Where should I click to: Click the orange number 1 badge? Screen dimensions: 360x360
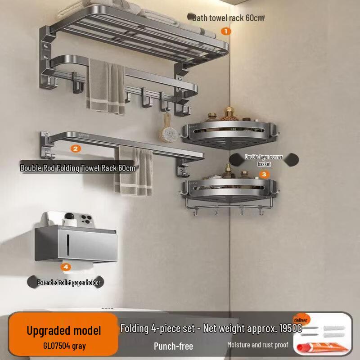226,31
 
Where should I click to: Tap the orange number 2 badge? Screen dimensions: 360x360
76,149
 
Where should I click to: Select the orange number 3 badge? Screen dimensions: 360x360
264,175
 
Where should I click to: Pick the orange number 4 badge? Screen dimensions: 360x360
66,267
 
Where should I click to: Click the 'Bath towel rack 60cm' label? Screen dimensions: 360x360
228,18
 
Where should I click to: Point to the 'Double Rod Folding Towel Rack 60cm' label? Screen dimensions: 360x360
77,168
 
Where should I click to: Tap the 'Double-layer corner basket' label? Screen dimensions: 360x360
264,160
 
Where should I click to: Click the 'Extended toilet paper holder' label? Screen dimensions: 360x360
69,283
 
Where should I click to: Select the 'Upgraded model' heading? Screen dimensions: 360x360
64,331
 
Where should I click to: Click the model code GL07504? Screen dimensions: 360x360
57,346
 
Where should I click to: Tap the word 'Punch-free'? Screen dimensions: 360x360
173,346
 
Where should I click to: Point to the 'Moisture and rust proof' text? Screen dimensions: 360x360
257,345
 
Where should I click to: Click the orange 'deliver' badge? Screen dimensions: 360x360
301,320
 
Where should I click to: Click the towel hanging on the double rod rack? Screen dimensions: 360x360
133,171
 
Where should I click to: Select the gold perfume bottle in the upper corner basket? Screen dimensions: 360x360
229,114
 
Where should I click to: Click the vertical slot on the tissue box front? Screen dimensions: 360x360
68,245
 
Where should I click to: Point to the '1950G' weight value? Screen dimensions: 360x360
291,328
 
